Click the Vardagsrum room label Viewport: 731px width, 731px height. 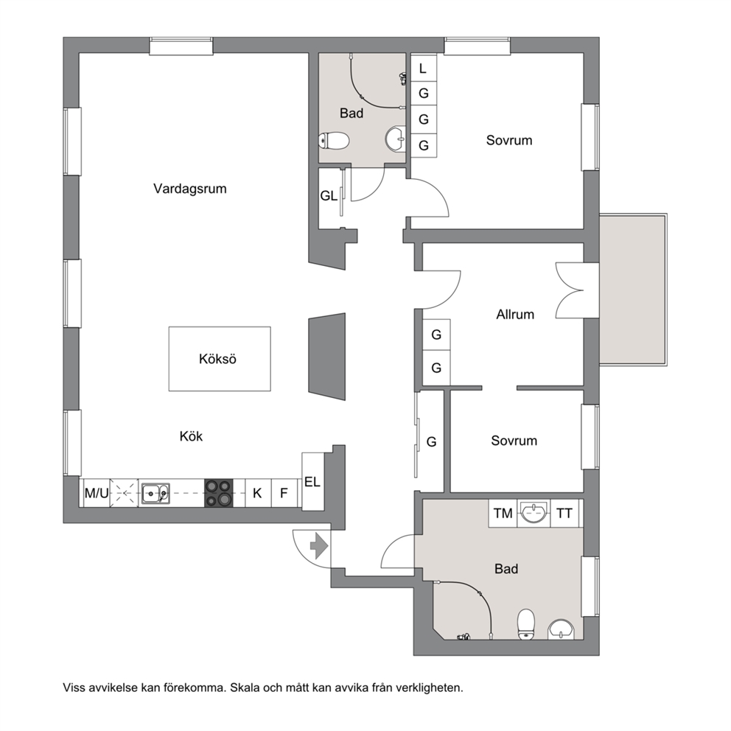(x=189, y=189)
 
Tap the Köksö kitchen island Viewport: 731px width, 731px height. (x=220, y=359)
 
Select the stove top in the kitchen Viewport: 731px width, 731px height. (x=219, y=493)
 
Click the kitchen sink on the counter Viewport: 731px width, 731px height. (x=155, y=493)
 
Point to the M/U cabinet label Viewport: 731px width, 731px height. (x=97, y=493)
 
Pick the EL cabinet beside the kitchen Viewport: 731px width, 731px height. (x=313, y=481)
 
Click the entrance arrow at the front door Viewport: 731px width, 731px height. (x=319, y=546)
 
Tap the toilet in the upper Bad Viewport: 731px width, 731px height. (x=334, y=140)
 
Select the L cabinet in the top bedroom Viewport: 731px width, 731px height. (x=423, y=69)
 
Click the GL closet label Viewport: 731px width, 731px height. (x=329, y=196)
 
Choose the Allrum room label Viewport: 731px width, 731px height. (x=515, y=315)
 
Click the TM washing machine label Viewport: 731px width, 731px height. (x=503, y=514)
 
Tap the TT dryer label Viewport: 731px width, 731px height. (x=564, y=514)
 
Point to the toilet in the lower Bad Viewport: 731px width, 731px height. (x=526, y=623)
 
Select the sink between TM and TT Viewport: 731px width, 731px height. (x=534, y=513)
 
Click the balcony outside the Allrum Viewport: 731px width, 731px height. (x=633, y=289)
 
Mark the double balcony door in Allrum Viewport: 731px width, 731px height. (x=570, y=290)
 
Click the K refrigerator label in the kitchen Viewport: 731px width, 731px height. (x=257, y=493)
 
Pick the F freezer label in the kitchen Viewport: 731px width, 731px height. (x=284, y=493)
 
